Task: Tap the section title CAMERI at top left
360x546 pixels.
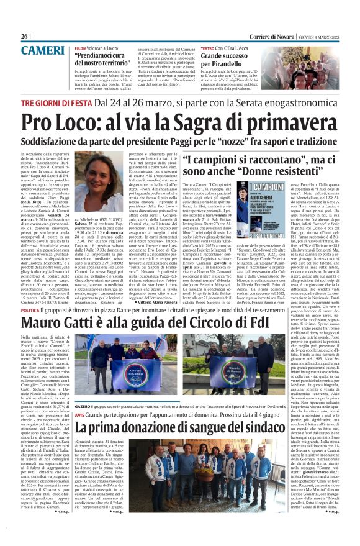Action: pyautogui.click(x=38, y=49)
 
